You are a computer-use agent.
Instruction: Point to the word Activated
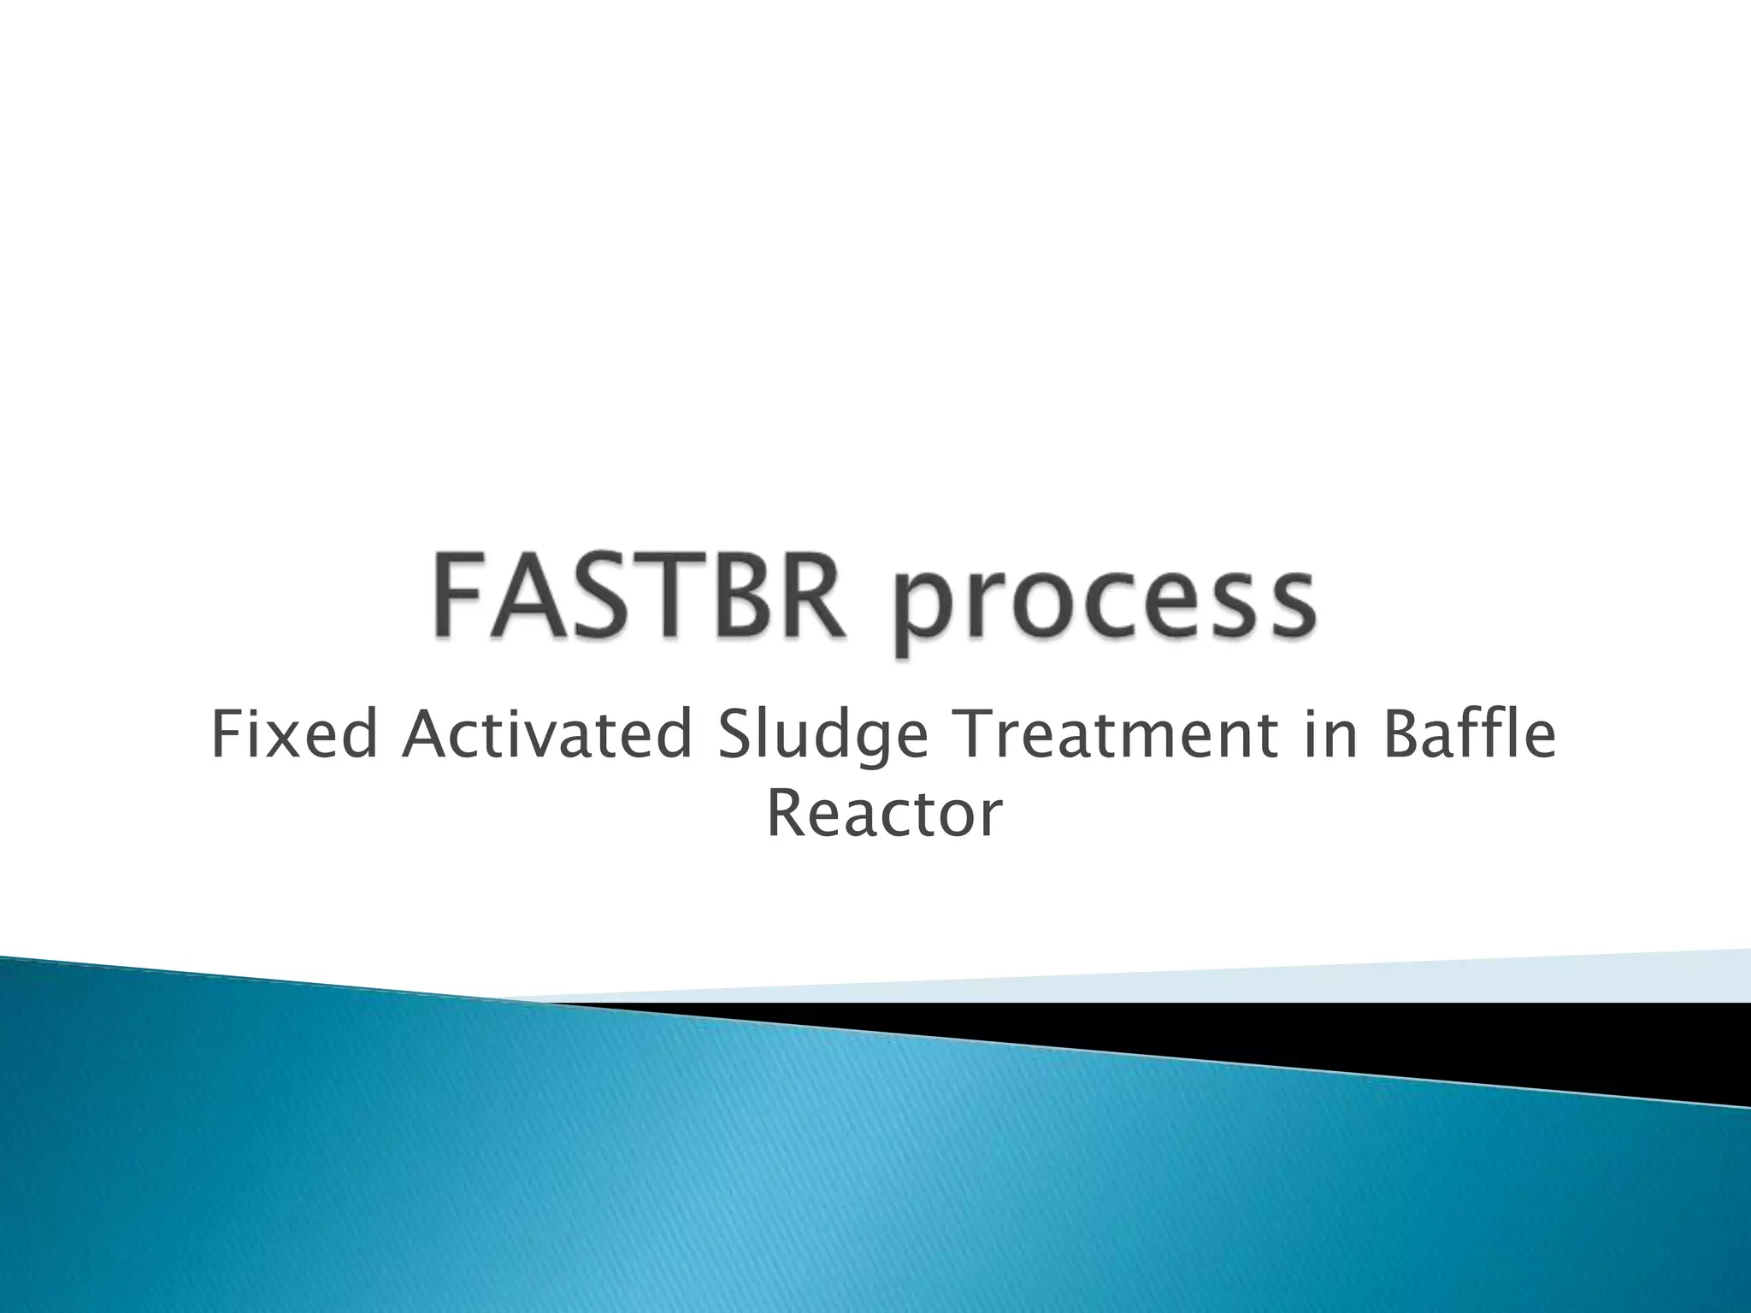point(546,736)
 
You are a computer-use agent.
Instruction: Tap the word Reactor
point(883,815)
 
